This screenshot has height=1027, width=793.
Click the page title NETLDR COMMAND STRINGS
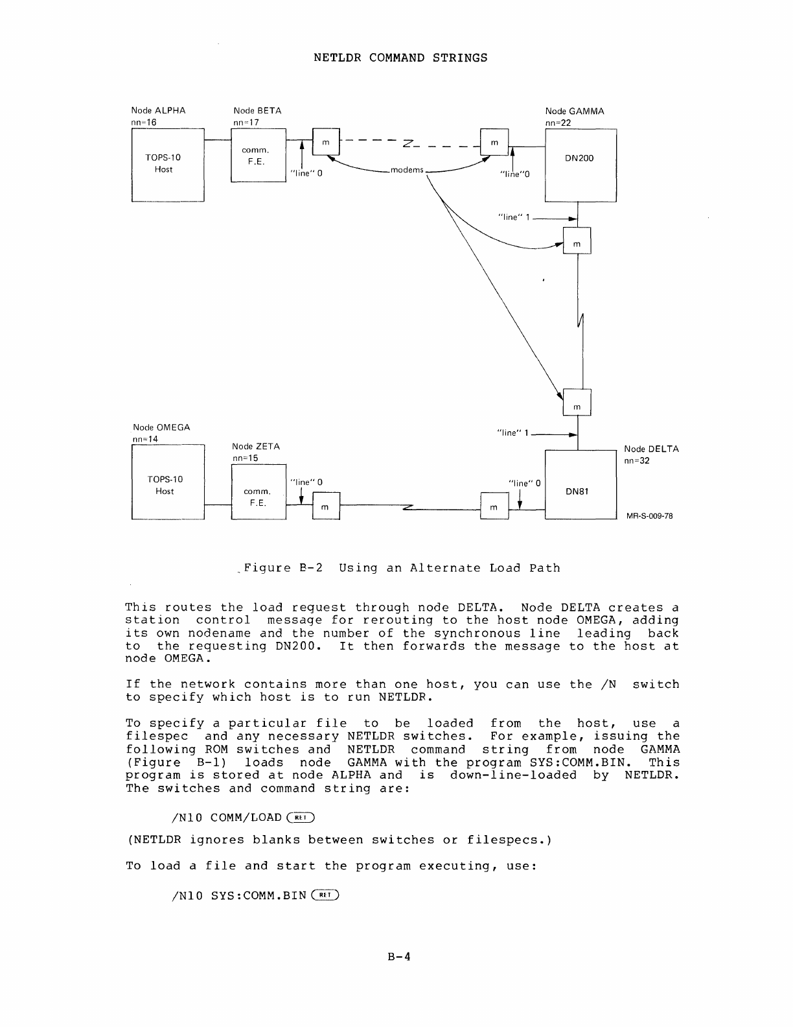400,58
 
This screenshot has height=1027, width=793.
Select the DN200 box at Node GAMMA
580,165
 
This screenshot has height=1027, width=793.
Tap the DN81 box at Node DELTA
580,484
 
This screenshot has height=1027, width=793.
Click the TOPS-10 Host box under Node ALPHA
167,165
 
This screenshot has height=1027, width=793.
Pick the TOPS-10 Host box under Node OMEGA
167,483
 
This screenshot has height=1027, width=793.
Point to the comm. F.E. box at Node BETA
257,156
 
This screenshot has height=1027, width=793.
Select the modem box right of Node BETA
326,142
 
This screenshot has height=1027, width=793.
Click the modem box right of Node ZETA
326,506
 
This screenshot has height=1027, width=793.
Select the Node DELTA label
651,449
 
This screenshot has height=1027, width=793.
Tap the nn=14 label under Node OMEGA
145,439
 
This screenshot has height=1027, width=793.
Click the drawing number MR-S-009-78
649,516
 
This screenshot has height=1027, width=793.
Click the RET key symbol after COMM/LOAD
303,818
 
